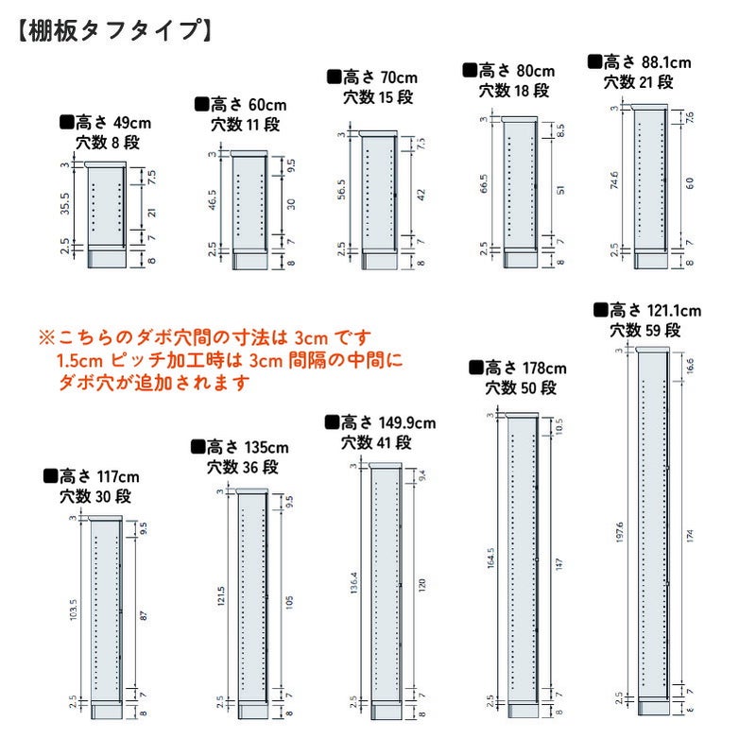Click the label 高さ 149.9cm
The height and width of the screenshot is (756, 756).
[380, 422]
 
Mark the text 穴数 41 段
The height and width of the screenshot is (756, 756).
[376, 442]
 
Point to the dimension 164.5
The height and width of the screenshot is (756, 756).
[490, 559]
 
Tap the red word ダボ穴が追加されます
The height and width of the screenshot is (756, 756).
[154, 383]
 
